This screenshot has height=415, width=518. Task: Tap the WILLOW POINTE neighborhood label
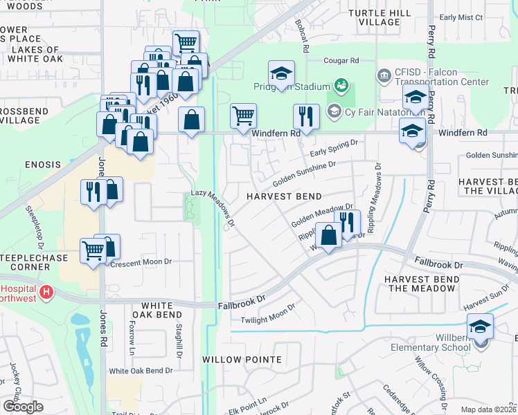242,360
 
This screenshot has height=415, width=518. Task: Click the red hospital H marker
46,293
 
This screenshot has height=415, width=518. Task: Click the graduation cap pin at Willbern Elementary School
480,326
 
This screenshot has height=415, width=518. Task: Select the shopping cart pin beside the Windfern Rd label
243,116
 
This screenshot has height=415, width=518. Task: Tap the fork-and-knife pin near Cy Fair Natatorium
305,116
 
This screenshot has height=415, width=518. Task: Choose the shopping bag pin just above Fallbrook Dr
328,235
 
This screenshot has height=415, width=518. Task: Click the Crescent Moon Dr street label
141,263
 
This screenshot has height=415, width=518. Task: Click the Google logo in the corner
23,406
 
